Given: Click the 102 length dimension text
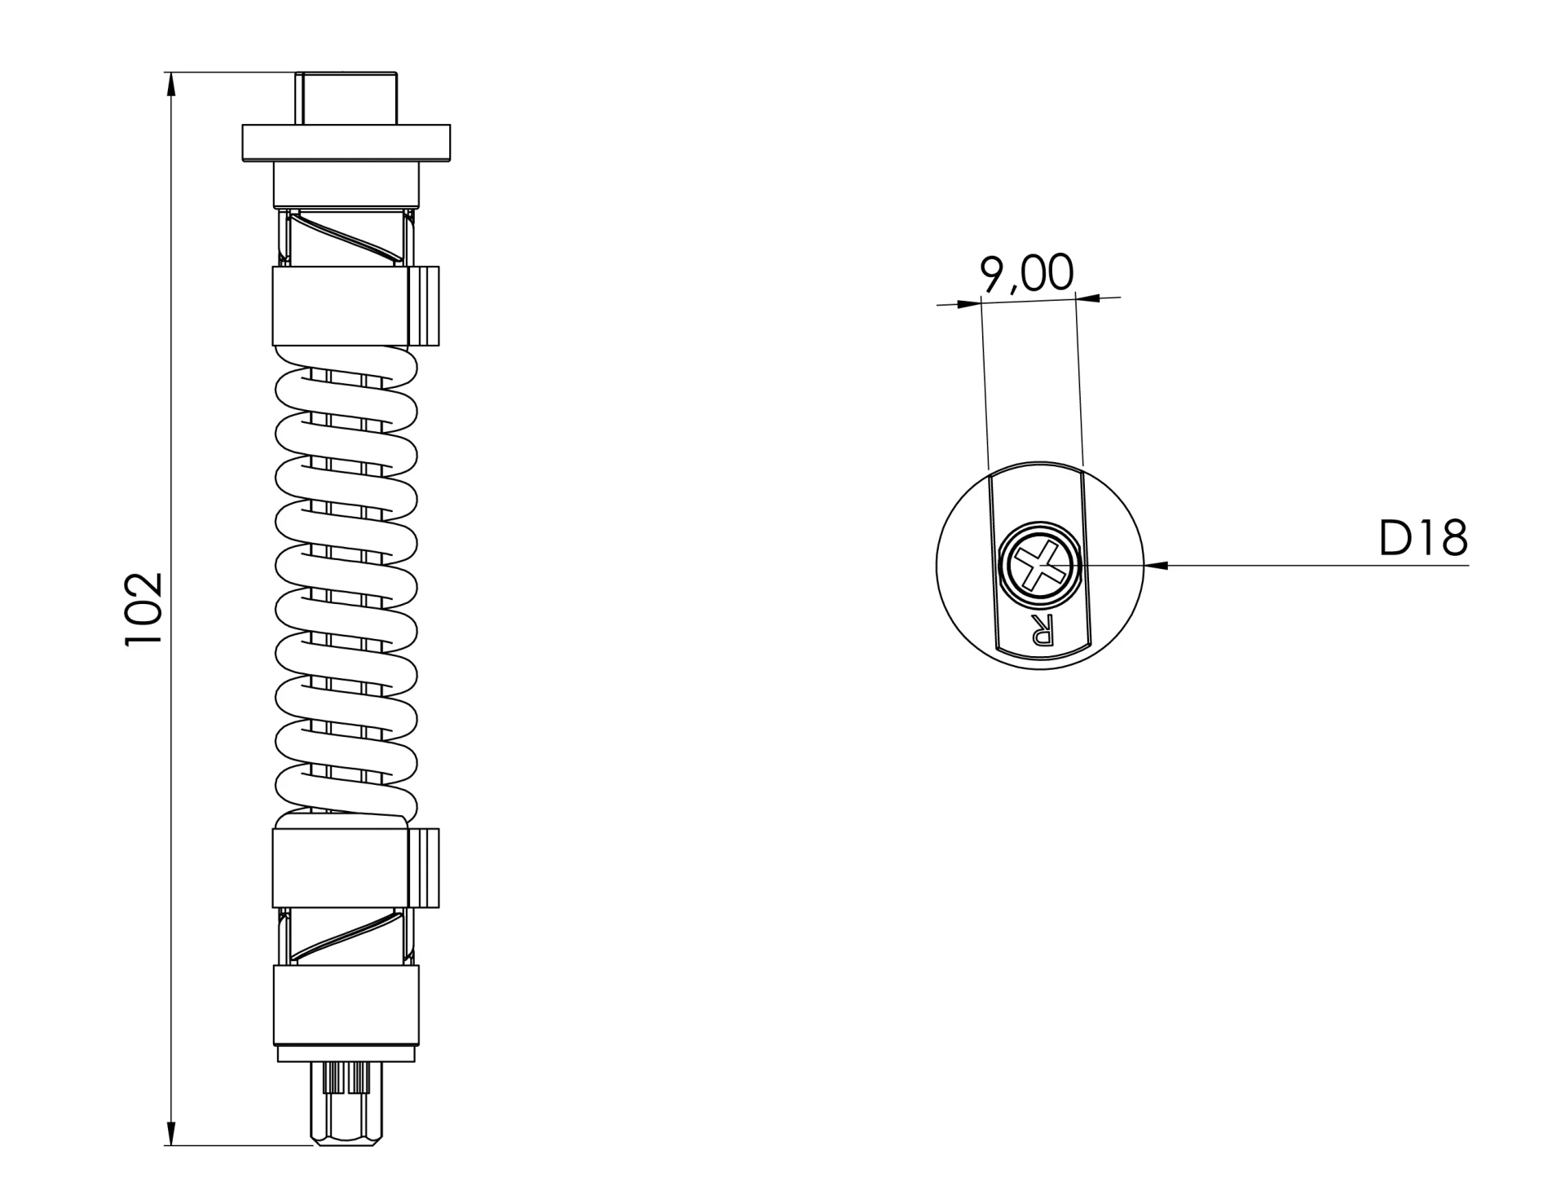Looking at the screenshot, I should coord(144,609).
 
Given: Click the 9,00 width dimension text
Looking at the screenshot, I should coord(1026,273).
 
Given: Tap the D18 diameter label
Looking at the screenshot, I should coord(1422,539).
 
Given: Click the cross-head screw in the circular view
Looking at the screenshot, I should coord(1038,566).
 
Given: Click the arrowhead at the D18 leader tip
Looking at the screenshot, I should coord(1156,565).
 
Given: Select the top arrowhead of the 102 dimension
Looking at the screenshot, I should coord(171,85).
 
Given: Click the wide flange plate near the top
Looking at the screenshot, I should coord(346,143).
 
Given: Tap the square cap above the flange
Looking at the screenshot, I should coord(346,98).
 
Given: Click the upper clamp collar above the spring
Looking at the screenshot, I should coord(339,305).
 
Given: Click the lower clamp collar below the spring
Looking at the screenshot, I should coord(339,868).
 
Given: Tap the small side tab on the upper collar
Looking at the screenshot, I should coord(424,305).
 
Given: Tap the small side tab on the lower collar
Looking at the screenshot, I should coord(424,868).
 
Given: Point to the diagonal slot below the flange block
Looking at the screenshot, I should coord(346,237).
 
